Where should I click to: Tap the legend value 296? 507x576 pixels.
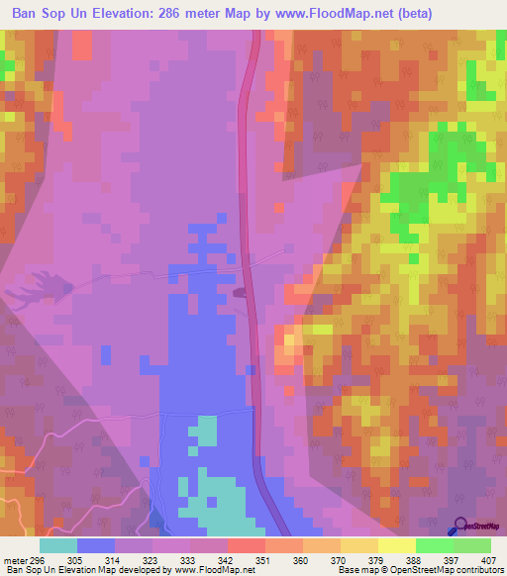click(x=40, y=559)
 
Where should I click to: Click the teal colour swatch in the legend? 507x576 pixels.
click(x=58, y=545)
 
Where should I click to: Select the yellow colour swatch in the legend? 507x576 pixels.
click(x=397, y=545)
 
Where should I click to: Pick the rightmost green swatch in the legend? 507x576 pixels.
click(x=472, y=545)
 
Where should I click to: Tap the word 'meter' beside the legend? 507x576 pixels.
click(x=16, y=559)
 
